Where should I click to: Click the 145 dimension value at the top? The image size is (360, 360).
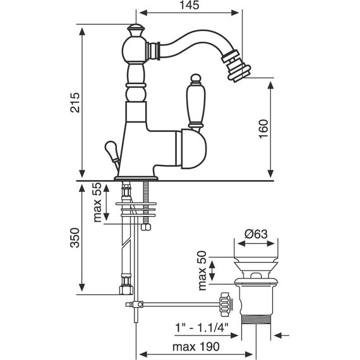(x=189, y=5)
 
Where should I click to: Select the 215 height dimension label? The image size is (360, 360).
(x=75, y=102)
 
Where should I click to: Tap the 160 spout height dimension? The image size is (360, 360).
(x=263, y=129)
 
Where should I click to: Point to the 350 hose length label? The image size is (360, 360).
(x=75, y=237)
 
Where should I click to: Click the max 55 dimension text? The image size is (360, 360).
(x=97, y=202)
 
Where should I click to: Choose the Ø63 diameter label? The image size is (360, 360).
(x=256, y=234)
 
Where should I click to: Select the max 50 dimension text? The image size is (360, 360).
(x=203, y=271)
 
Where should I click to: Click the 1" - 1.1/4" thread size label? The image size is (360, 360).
(x=202, y=327)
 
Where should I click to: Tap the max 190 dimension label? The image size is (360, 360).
(x=196, y=347)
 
